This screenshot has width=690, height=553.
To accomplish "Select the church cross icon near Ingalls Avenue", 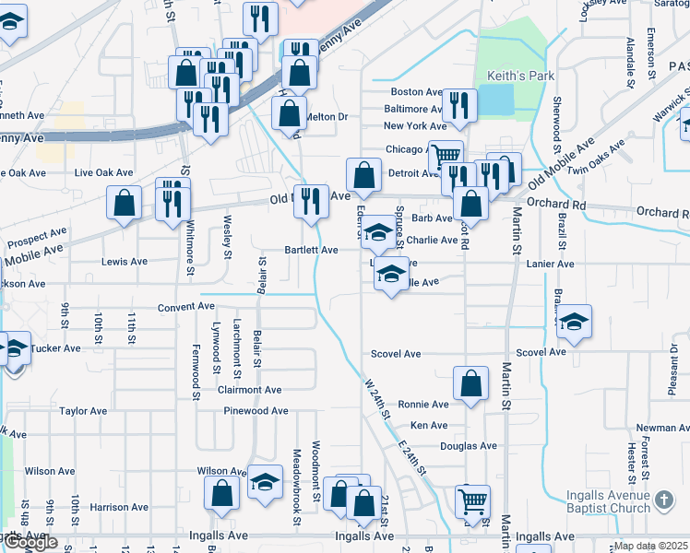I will [664, 502].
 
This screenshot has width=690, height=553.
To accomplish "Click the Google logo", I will [30, 543].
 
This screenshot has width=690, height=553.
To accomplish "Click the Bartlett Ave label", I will [311, 250].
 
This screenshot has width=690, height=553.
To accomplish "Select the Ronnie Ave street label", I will [423, 405].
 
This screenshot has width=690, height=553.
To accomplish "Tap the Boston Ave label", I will [417, 92].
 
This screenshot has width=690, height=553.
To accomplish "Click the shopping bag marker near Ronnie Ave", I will [470, 384].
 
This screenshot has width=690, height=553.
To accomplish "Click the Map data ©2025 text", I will [651, 546].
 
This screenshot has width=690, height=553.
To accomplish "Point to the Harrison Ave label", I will [120, 507].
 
